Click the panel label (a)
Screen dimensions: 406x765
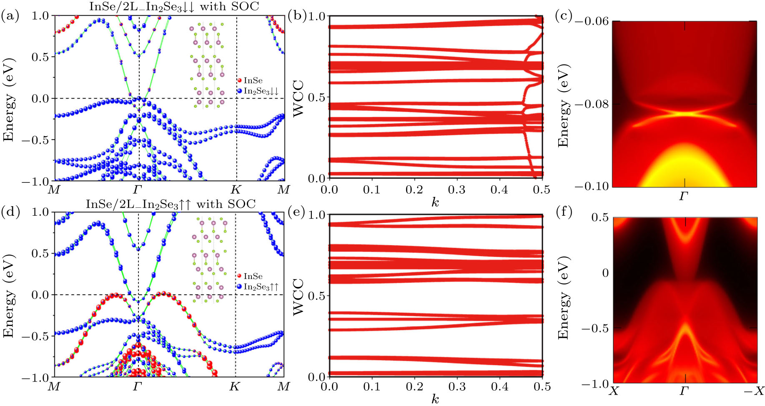tap(10, 17)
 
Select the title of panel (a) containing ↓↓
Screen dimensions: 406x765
tap(174, 6)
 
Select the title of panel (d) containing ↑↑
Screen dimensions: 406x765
tap(171, 204)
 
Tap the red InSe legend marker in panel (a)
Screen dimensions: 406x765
tap(239, 80)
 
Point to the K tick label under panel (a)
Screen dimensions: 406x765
tap(236, 190)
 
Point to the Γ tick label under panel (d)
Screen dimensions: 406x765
tap(138, 387)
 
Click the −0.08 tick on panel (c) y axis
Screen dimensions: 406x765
tap(592, 104)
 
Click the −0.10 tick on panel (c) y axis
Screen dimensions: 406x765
tap(592, 186)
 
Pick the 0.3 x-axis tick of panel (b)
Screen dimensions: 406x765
tap(456, 190)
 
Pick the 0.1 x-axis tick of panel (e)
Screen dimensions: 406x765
tap(371, 387)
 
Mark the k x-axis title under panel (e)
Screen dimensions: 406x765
tap(435, 400)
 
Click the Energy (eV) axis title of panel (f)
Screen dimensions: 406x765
tap(563, 298)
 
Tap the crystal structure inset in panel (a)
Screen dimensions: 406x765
tap(207, 65)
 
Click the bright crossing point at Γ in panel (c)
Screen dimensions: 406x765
tap(684, 113)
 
